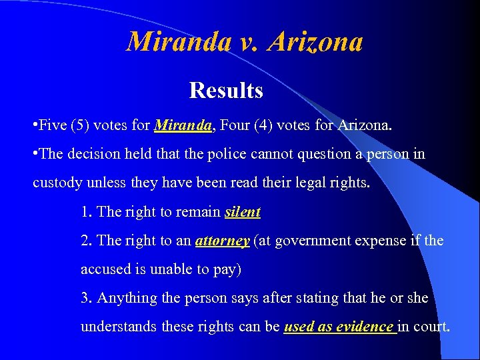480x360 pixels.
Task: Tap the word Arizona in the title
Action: click(x=317, y=42)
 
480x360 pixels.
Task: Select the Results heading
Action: click(x=226, y=90)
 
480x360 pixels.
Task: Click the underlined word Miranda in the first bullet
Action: click(x=183, y=125)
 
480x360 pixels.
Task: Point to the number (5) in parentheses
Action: click(x=81, y=125)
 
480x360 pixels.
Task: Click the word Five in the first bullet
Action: click(x=53, y=125)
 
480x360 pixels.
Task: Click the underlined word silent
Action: click(x=243, y=212)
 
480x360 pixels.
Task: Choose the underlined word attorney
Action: click(x=222, y=241)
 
